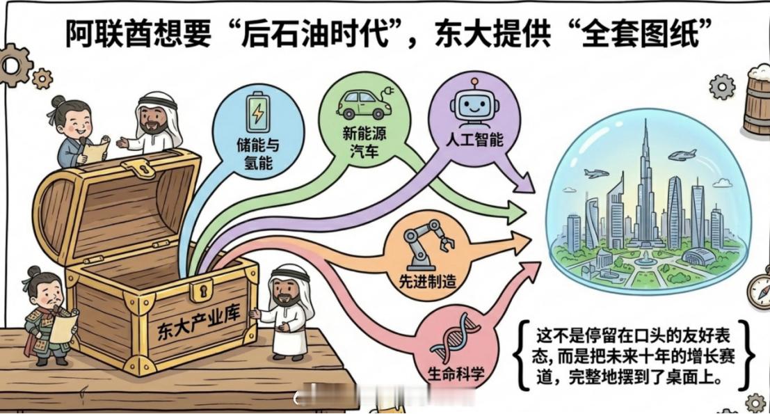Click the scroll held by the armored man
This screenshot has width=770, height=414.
coord(63,324)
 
